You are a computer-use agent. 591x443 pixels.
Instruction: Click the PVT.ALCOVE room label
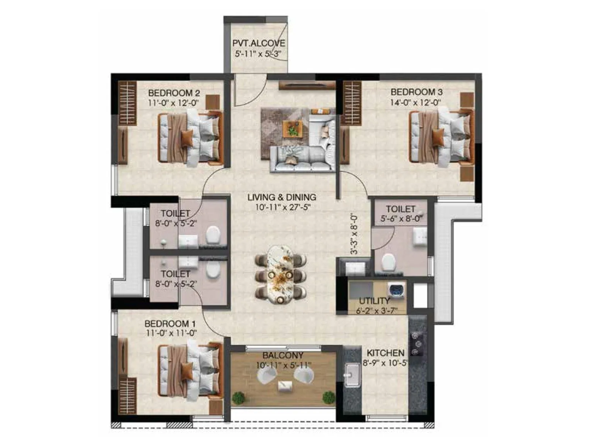click(x=258, y=43)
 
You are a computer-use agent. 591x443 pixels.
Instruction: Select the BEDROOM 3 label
click(x=417, y=92)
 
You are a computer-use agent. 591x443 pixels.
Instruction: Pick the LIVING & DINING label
click(x=281, y=197)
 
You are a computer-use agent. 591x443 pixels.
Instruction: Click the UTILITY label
click(x=375, y=301)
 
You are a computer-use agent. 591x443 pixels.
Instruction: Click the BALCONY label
click(x=283, y=355)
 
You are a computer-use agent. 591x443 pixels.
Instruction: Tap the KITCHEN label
click(x=385, y=353)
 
